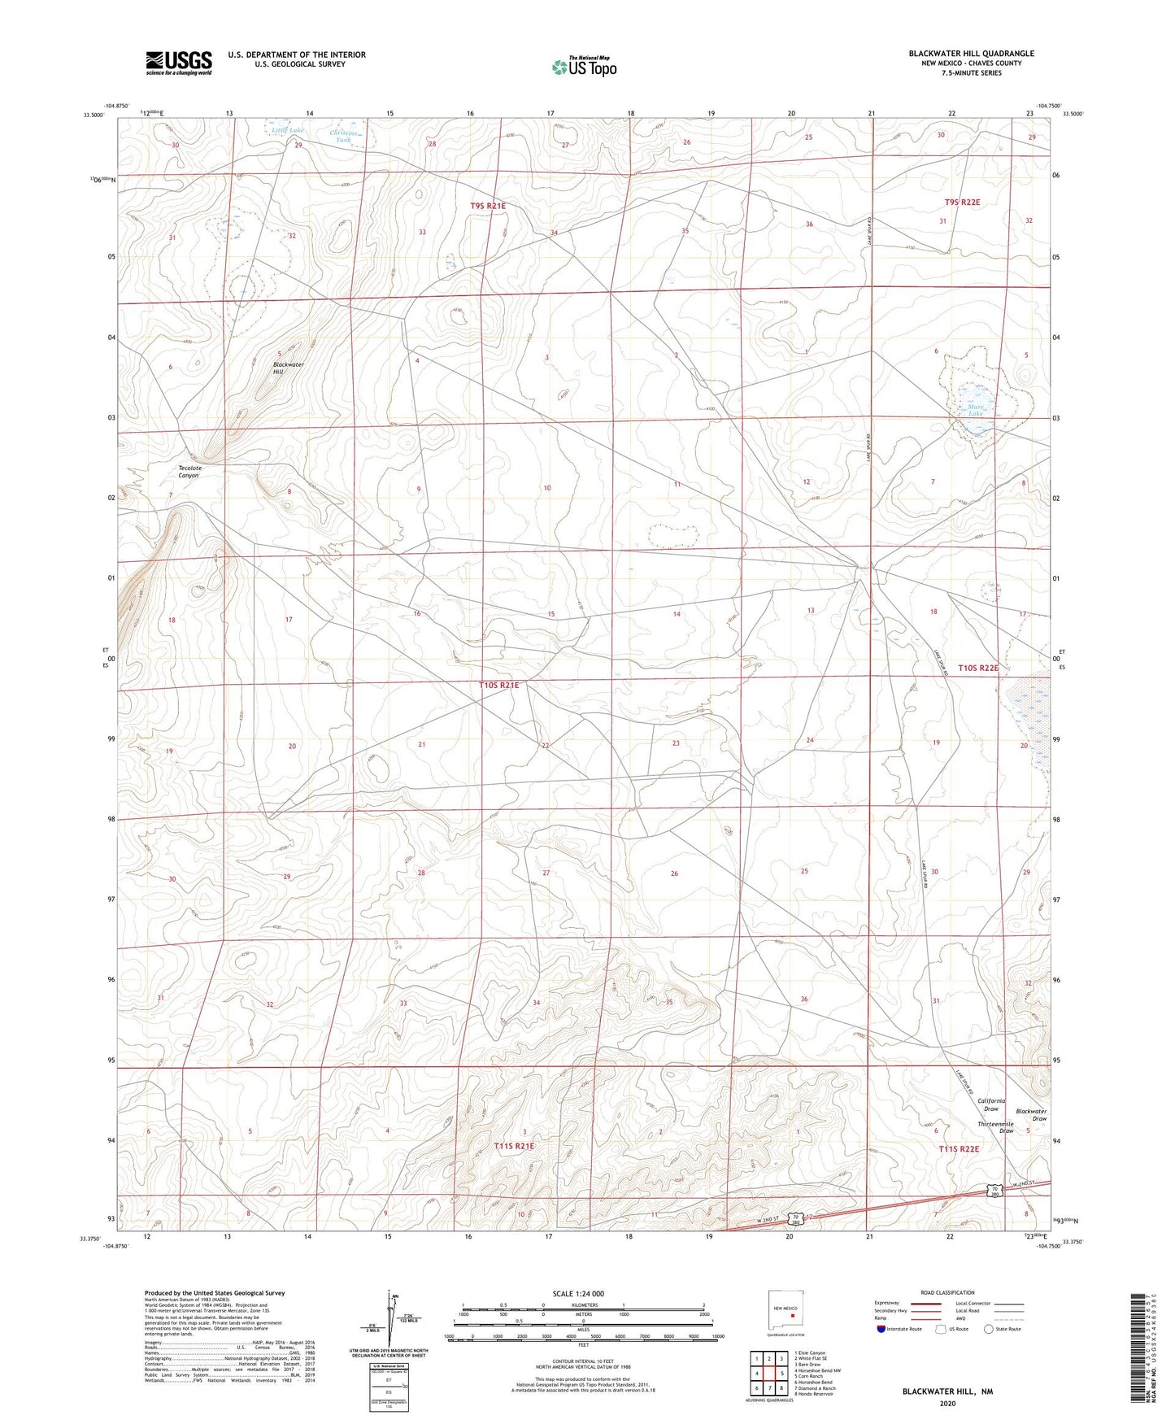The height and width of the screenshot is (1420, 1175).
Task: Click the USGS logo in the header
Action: click(179, 63)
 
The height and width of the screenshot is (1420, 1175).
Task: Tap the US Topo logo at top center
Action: click(584, 67)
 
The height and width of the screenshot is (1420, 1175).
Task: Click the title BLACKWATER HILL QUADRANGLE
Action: click(971, 54)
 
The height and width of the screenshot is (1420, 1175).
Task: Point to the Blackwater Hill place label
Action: click(288, 368)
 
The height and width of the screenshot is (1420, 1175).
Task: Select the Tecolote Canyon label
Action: click(189, 472)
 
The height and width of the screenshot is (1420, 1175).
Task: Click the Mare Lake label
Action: click(976, 410)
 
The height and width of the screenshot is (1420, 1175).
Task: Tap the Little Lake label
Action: click(287, 130)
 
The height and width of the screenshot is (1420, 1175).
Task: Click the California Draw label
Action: click(990, 1104)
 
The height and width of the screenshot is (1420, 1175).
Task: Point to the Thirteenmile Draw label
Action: click(995, 1127)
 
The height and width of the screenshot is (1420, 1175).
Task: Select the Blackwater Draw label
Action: click(1031, 1115)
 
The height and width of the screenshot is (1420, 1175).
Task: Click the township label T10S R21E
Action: click(498, 686)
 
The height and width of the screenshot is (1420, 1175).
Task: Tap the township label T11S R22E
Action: click(959, 1149)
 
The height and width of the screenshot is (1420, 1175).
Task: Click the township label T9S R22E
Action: click(962, 202)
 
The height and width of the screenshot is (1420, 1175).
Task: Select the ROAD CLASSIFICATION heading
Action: click(947, 1292)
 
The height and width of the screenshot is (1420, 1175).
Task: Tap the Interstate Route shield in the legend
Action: click(882, 1329)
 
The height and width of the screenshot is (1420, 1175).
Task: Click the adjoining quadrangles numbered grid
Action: click(768, 1374)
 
